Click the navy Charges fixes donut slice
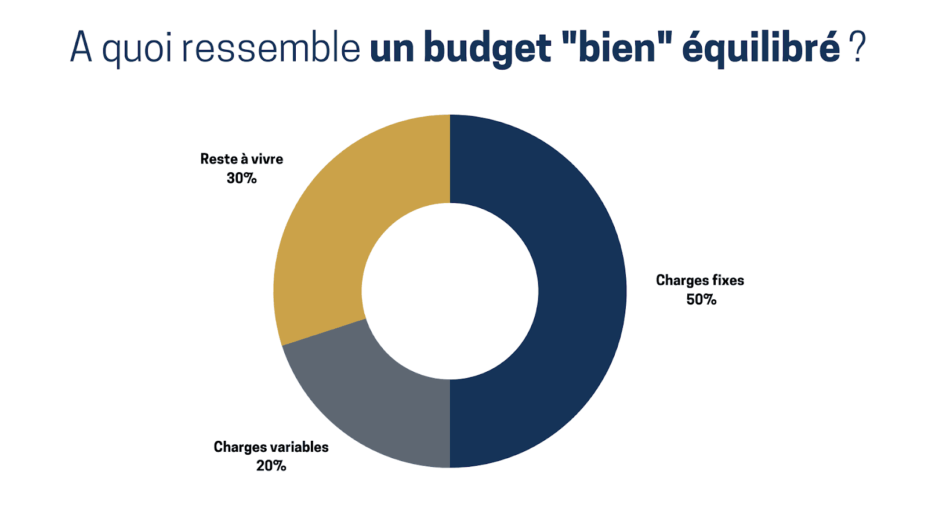580,290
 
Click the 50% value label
701,300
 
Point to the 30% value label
241,179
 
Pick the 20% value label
271,466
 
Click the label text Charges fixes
699,281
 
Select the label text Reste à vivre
241,159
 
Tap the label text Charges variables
271,447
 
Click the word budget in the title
487,48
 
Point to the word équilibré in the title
760,48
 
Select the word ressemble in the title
271,48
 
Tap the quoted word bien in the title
617,48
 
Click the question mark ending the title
857,46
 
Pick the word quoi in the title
137,48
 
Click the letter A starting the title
81,46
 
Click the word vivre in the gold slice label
267,159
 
